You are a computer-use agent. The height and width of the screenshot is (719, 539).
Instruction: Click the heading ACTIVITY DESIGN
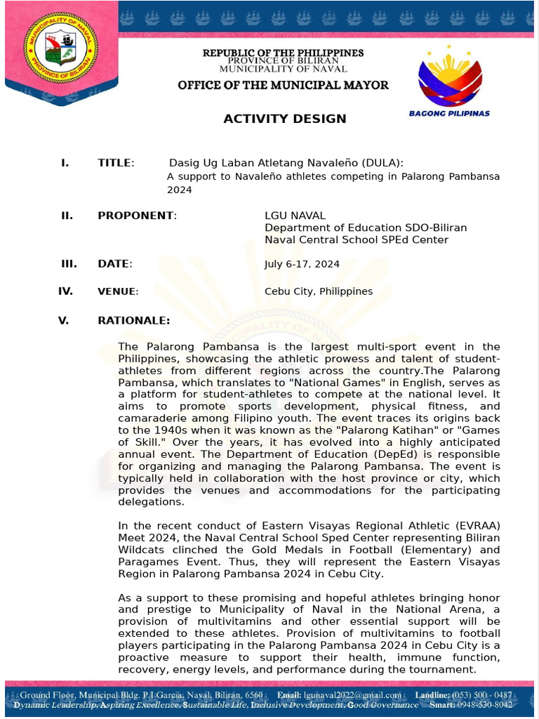pos(284,119)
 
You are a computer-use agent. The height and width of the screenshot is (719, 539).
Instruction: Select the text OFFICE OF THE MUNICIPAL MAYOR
pos(283,85)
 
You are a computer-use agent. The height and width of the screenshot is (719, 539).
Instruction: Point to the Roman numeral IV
pos(65,291)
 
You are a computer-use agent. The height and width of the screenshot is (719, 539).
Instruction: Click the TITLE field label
pos(115,163)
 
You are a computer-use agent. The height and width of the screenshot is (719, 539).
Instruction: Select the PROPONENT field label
pos(137,216)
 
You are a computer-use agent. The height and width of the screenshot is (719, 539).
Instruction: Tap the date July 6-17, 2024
pos(302,265)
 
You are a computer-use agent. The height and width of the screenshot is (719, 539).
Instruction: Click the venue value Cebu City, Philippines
pos(318,291)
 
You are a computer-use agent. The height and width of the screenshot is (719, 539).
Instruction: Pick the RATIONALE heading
pos(133,321)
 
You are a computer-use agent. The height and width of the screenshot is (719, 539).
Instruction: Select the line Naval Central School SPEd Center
pos(356,239)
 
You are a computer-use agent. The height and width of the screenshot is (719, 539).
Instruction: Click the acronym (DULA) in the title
pos(380,163)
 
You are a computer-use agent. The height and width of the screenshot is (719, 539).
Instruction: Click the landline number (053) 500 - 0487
pos(484,695)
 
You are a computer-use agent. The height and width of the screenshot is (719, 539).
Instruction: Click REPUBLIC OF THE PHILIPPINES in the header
pos(283,53)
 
